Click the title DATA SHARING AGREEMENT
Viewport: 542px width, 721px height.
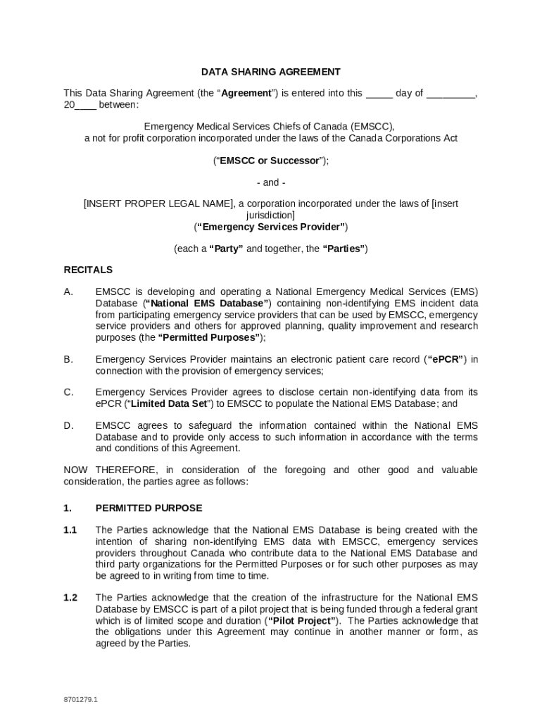270,72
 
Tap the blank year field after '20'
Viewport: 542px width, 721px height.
85,106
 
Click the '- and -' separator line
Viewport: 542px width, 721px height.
270,182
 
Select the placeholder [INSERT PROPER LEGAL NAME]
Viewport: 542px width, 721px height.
158,204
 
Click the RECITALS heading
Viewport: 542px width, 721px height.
88,270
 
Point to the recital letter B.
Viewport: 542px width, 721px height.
68,360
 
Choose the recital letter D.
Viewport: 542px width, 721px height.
68,426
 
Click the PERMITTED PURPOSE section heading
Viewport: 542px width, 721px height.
149,508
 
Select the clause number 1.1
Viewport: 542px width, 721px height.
70,530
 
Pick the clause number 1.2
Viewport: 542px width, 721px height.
70,598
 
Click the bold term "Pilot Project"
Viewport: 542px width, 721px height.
303,621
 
